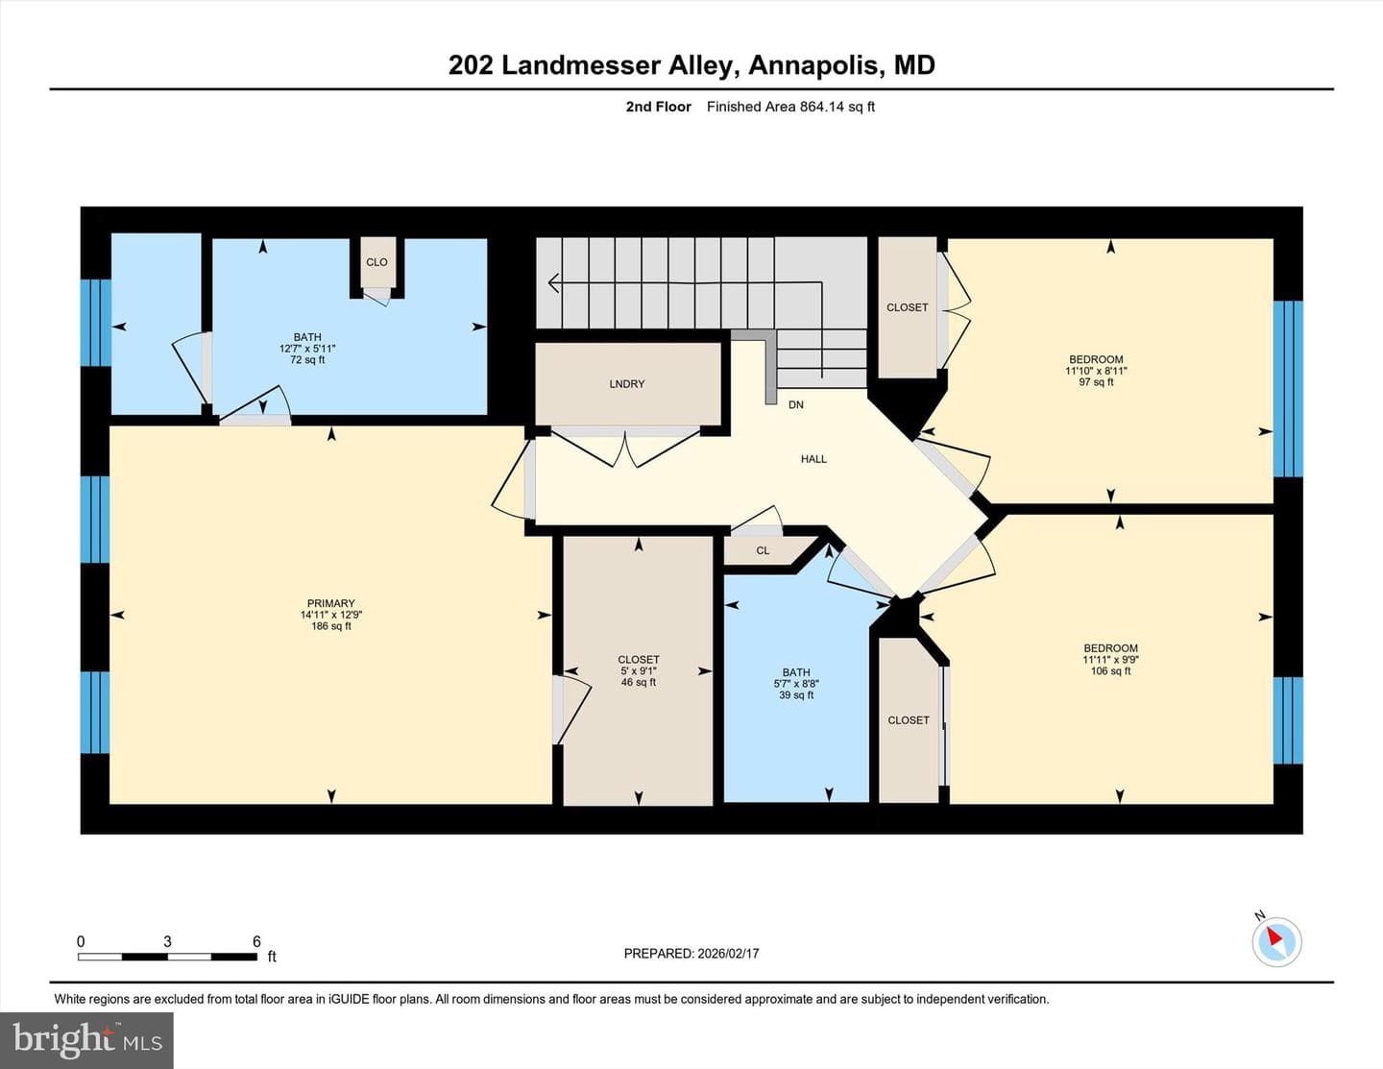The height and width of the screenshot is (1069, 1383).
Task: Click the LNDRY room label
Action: [627, 383]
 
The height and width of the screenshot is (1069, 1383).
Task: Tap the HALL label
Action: [813, 459]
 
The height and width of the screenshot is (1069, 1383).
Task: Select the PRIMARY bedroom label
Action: [331, 603]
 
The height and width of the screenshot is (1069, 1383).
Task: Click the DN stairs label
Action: [795, 404]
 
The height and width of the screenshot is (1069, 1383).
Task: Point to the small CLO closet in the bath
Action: [376, 262]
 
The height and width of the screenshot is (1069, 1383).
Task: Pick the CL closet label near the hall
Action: [763, 550]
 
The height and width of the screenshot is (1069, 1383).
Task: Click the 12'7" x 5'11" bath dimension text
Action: [307, 349]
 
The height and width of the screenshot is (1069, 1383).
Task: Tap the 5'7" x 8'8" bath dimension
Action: [796, 684]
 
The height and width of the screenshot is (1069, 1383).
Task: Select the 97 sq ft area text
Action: [1096, 382]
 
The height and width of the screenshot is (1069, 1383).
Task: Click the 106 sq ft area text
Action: [1110, 670]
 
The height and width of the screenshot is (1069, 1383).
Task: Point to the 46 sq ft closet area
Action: [639, 682]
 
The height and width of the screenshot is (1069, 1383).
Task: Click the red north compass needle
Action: [1274, 936]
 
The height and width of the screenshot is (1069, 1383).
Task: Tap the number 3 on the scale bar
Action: [167, 941]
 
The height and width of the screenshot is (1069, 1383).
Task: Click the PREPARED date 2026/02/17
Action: [728, 953]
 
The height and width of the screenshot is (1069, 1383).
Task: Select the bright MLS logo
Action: [86, 1041]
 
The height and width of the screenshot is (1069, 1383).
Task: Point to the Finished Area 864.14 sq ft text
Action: [790, 107]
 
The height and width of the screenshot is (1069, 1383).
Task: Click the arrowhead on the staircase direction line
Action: [554, 282]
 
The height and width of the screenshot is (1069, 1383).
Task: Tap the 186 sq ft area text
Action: [331, 626]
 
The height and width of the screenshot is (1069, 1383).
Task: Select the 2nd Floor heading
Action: [658, 107]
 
